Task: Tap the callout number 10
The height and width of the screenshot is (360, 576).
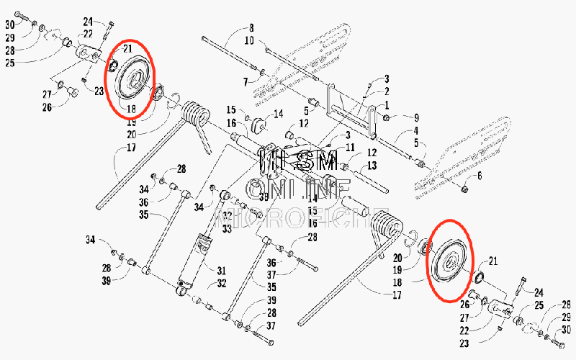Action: tap(249, 41)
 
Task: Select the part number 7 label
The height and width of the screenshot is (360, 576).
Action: tap(245, 81)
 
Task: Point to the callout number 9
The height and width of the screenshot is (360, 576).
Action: tap(415, 117)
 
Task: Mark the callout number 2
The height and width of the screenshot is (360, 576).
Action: tap(387, 91)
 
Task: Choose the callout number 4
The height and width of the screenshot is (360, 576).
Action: tap(415, 132)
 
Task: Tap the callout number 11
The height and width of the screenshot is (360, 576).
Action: tap(351, 147)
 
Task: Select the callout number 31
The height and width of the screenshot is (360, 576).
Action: tap(222, 270)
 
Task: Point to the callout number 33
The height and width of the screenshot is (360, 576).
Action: tap(227, 229)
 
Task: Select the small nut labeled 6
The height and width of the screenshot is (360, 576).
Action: tap(464, 189)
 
